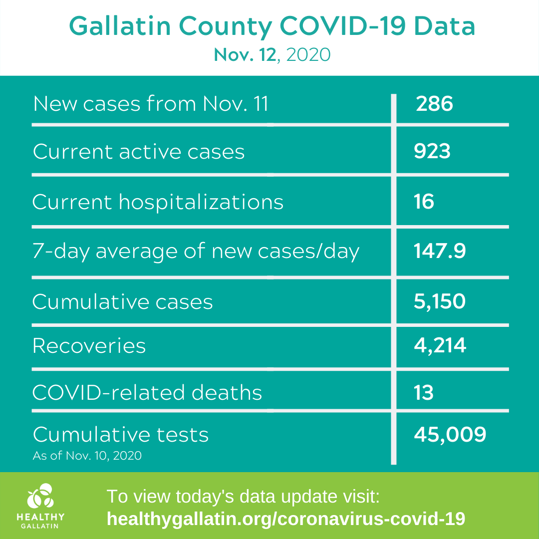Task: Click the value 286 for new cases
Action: point(434,103)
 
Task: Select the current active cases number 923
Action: point(432,151)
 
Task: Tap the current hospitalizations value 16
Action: point(424,202)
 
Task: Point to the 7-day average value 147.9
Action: point(440,251)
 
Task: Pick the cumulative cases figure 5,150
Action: point(440,301)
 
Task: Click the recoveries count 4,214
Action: point(440,345)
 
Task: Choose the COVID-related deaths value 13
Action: point(424,393)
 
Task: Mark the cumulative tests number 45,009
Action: point(450,435)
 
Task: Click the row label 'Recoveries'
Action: point(89,345)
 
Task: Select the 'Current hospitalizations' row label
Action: point(158,202)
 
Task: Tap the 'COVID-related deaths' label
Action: point(147,393)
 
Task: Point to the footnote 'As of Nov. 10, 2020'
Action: point(87,456)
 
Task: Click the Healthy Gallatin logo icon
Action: point(40,496)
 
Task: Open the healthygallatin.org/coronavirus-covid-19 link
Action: point(285,519)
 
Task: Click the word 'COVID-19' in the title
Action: point(343,26)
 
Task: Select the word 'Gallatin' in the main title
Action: point(120,26)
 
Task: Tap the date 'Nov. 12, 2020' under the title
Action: point(272,55)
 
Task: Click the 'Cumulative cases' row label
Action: point(123,301)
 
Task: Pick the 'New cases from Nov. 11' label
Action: point(151,103)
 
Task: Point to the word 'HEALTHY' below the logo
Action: point(40,517)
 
